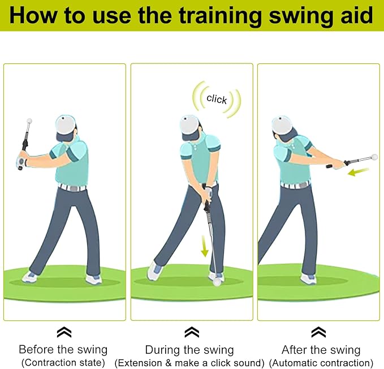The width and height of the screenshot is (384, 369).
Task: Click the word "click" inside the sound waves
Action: click(217, 100)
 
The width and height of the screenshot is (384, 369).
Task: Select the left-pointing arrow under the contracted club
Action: click(358, 171)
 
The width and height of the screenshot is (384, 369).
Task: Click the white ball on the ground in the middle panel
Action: click(215, 277)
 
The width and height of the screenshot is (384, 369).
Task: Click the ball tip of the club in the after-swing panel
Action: click(373, 157)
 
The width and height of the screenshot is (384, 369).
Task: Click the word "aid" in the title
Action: click(355, 15)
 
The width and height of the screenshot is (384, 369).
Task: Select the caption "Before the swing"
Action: click(63, 349)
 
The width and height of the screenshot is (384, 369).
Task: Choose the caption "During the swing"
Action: click(189, 349)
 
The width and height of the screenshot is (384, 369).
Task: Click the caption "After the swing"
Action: click(321, 349)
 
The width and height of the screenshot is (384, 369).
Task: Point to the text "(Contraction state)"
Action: click(63, 362)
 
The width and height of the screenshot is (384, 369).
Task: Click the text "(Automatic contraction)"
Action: click(321, 362)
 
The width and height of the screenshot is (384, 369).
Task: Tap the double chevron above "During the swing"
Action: click(192, 332)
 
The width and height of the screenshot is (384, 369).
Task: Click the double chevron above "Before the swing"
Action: click(64, 332)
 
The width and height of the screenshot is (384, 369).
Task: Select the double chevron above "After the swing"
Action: click(319, 332)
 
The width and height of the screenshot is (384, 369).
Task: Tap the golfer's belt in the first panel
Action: click(72, 187)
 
